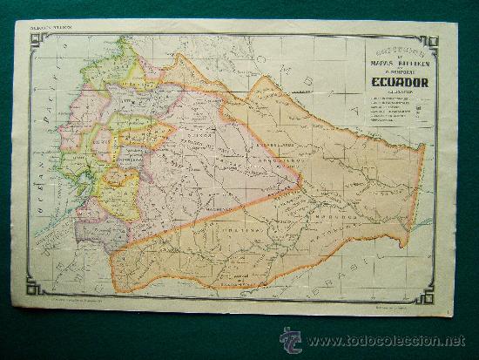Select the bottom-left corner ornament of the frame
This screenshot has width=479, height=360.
(x=35, y=287)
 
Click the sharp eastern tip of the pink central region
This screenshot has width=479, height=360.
(x=300, y=182)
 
